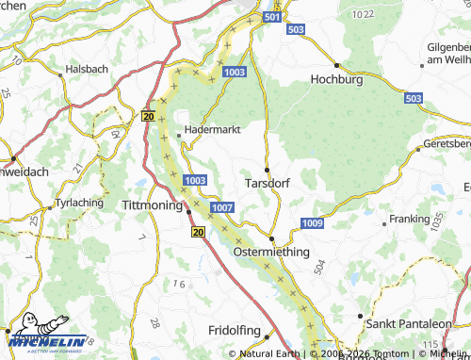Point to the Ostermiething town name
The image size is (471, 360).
pyautogui.click(x=270, y=253)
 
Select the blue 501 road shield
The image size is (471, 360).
pyautogui.click(x=272, y=18)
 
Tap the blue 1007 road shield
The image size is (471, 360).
pyautogui.click(x=223, y=206)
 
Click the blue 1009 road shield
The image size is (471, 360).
pyautogui.click(x=313, y=222)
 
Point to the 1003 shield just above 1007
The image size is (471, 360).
pyautogui.click(x=196, y=180)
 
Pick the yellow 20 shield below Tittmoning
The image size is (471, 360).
pyautogui.click(x=197, y=231)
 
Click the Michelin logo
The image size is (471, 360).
pyautogui.click(x=47, y=339)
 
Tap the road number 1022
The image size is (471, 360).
pyautogui.click(x=361, y=15)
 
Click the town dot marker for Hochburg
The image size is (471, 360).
pyautogui.click(x=336, y=65)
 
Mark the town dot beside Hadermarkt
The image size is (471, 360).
pyautogui.click(x=179, y=134)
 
